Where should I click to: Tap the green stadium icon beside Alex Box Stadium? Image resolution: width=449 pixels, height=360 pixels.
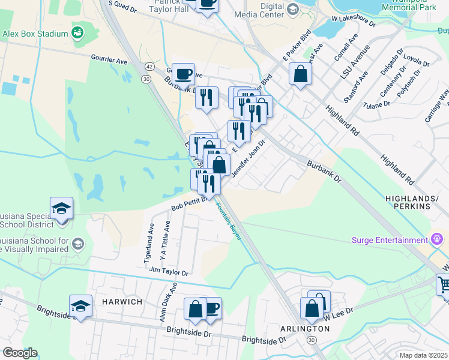[77, 32]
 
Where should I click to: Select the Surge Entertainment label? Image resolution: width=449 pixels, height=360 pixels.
[390, 241]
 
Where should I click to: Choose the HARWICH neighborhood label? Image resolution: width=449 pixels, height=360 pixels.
[116, 301]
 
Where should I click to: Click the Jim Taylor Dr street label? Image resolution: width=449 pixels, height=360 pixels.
[169, 272]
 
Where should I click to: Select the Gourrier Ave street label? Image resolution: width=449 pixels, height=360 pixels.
[109, 61]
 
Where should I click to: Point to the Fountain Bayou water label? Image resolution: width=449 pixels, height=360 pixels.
[229, 220]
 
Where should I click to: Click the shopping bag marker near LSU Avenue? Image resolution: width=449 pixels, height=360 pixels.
[300, 75]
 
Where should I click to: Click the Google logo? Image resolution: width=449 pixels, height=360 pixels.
[20, 353]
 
